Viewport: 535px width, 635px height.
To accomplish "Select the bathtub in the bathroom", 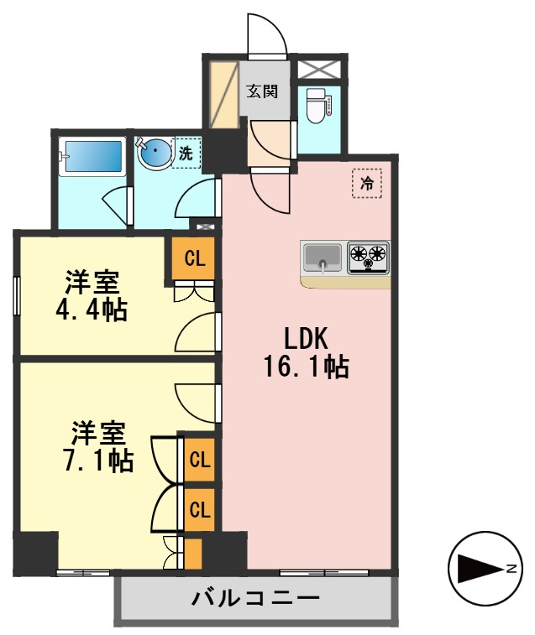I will click(x=94, y=155).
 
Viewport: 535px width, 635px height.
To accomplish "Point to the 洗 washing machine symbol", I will click(x=186, y=154).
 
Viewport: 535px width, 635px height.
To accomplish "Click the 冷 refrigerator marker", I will click(x=366, y=184).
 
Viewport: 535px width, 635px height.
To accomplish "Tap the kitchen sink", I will click(x=323, y=257).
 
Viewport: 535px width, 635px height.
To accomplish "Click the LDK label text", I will click(x=306, y=339).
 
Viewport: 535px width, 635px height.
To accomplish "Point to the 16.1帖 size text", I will click(x=306, y=367).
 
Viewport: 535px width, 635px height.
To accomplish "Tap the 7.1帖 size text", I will click(x=98, y=460).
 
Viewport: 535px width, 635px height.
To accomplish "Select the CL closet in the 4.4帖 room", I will click(x=194, y=258).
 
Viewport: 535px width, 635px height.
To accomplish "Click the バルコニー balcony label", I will click(x=255, y=599).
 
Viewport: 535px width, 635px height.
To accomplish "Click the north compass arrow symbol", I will click(x=481, y=570).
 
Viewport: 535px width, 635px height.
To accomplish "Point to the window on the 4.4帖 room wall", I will click(x=17, y=295).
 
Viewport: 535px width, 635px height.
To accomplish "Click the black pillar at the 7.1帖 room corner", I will click(x=36, y=553).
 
